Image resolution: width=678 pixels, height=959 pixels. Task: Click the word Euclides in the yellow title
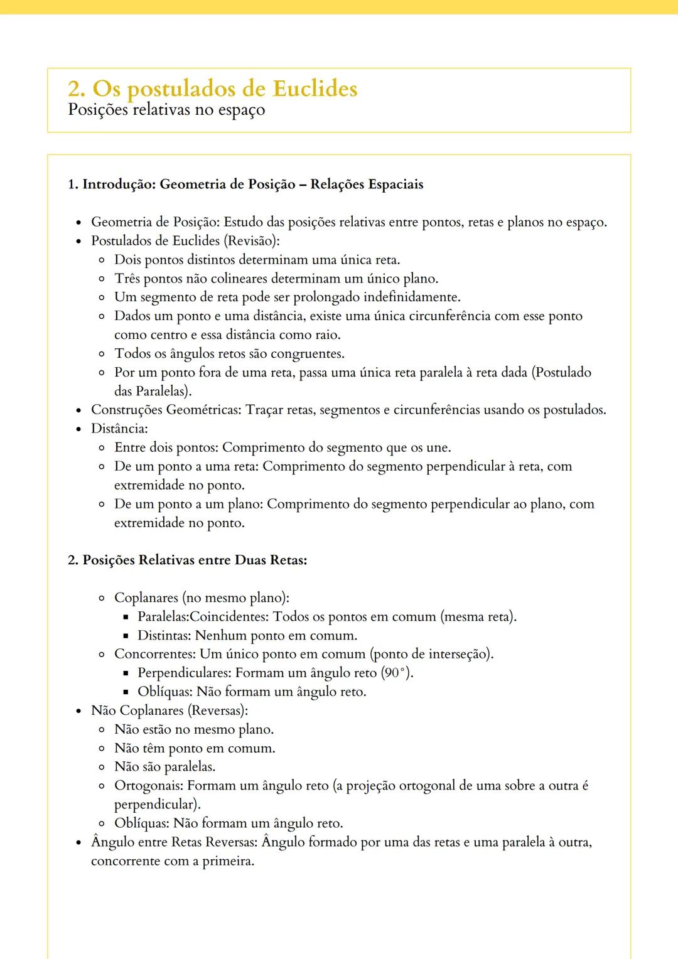(315, 88)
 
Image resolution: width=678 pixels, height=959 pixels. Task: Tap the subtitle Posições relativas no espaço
(166, 110)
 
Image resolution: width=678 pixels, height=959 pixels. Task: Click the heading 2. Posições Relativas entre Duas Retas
(187, 560)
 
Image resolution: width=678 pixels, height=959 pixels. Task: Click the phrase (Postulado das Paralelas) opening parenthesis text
(561, 373)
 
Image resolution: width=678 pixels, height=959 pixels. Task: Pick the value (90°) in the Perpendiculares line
(397, 673)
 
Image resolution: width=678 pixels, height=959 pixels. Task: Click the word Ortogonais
(149, 786)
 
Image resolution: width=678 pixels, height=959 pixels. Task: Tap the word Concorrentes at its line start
(155, 654)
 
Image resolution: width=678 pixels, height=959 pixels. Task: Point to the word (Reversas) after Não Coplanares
(218, 710)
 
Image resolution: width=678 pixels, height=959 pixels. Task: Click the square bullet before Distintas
(126, 636)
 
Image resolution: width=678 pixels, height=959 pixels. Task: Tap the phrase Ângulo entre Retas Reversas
(174, 842)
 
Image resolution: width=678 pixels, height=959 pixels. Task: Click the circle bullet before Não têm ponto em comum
(102, 749)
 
